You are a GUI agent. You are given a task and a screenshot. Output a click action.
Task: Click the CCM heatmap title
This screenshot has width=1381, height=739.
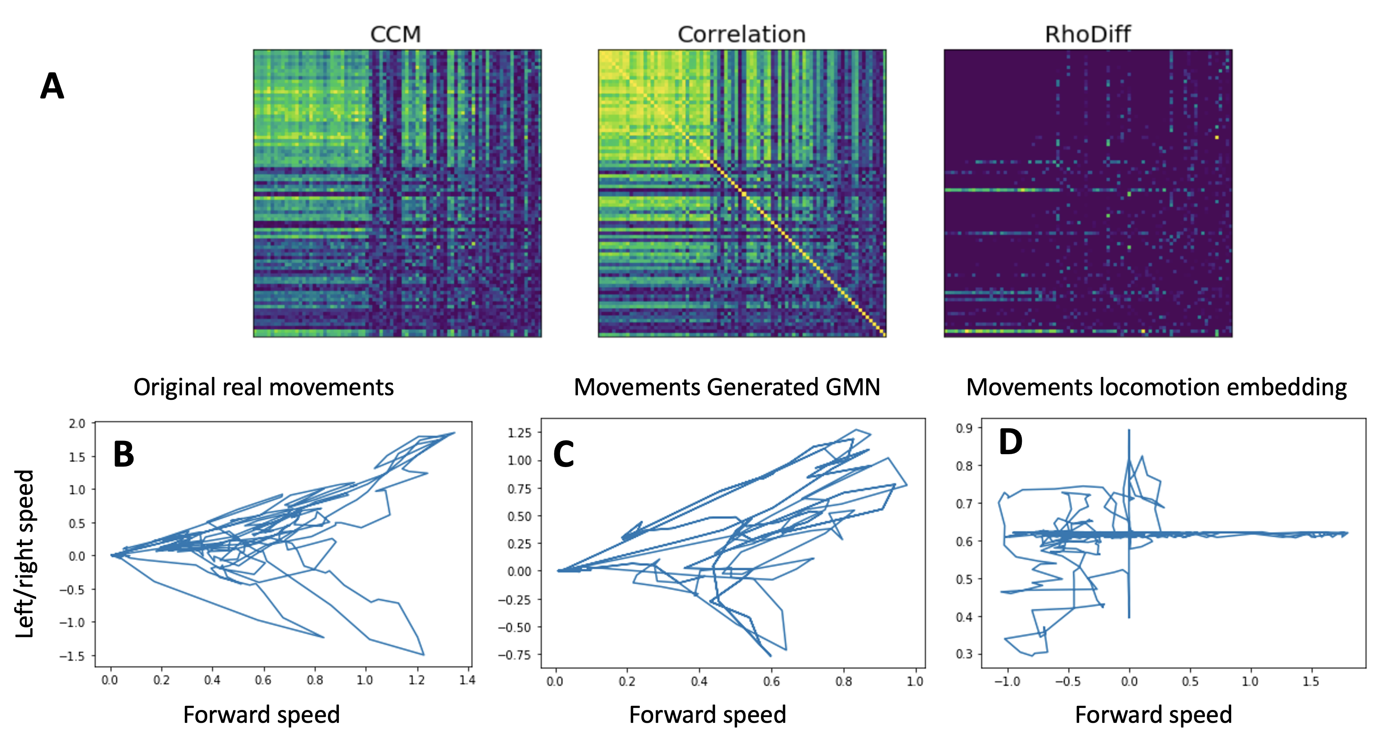coord(396,34)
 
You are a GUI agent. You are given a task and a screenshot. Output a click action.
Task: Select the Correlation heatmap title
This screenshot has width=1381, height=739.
coord(742,34)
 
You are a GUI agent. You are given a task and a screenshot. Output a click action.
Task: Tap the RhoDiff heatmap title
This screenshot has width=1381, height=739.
coord(1088,34)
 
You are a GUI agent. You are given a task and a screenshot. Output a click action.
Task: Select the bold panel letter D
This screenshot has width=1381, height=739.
coord(1011,442)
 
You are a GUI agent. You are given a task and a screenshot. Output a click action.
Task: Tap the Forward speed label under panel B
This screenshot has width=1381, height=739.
coord(262,715)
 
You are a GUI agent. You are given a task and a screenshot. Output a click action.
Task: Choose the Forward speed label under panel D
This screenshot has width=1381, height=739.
coord(1153,715)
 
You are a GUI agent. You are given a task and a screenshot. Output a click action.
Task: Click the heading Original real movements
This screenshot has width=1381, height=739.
coord(263,387)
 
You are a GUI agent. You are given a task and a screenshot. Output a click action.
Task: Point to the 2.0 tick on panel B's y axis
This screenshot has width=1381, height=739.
coord(77,424)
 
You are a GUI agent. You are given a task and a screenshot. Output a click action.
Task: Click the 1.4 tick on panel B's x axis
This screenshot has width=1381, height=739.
coord(467,680)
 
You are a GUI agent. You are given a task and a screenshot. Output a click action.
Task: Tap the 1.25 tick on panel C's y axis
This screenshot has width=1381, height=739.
coord(519,433)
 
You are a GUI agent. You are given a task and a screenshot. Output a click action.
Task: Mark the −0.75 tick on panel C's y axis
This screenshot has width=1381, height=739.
coord(515,655)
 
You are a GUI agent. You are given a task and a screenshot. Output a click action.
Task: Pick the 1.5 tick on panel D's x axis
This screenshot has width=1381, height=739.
coord(1310,681)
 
